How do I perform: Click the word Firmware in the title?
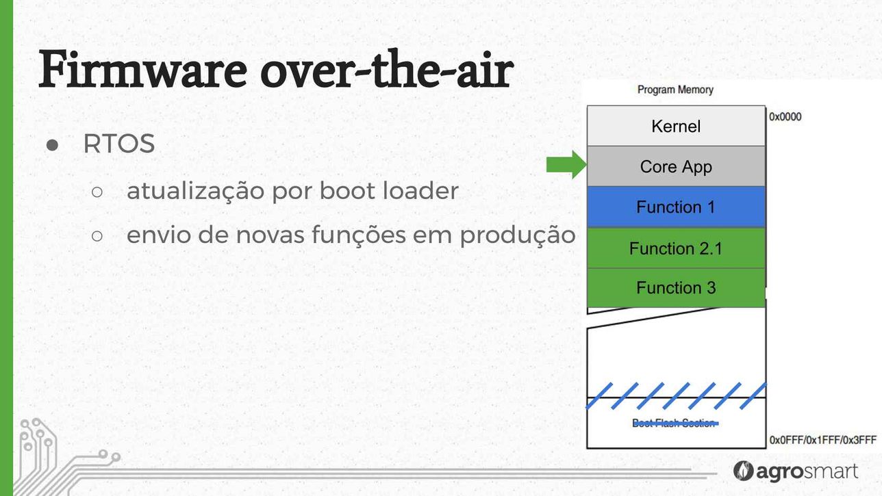tap(142, 70)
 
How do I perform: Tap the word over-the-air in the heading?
tap(387, 70)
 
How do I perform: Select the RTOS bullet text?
tap(119, 144)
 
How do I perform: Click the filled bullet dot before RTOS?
tap(52, 145)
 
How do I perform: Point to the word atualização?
tap(196, 191)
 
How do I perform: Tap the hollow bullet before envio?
tap(97, 236)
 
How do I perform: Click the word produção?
tap(518, 235)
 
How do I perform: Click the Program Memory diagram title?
tap(675, 90)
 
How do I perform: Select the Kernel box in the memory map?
tap(676, 126)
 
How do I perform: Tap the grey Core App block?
tap(676, 166)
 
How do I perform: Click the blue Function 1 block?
tap(676, 207)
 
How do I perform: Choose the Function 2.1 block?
tap(676, 248)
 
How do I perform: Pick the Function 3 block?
tap(676, 288)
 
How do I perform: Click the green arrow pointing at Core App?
tap(566, 164)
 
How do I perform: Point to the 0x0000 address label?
tap(785, 117)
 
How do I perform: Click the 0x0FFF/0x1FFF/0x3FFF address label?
tap(823, 440)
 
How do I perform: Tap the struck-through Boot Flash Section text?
tap(675, 423)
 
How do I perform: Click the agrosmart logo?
tap(796, 471)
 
